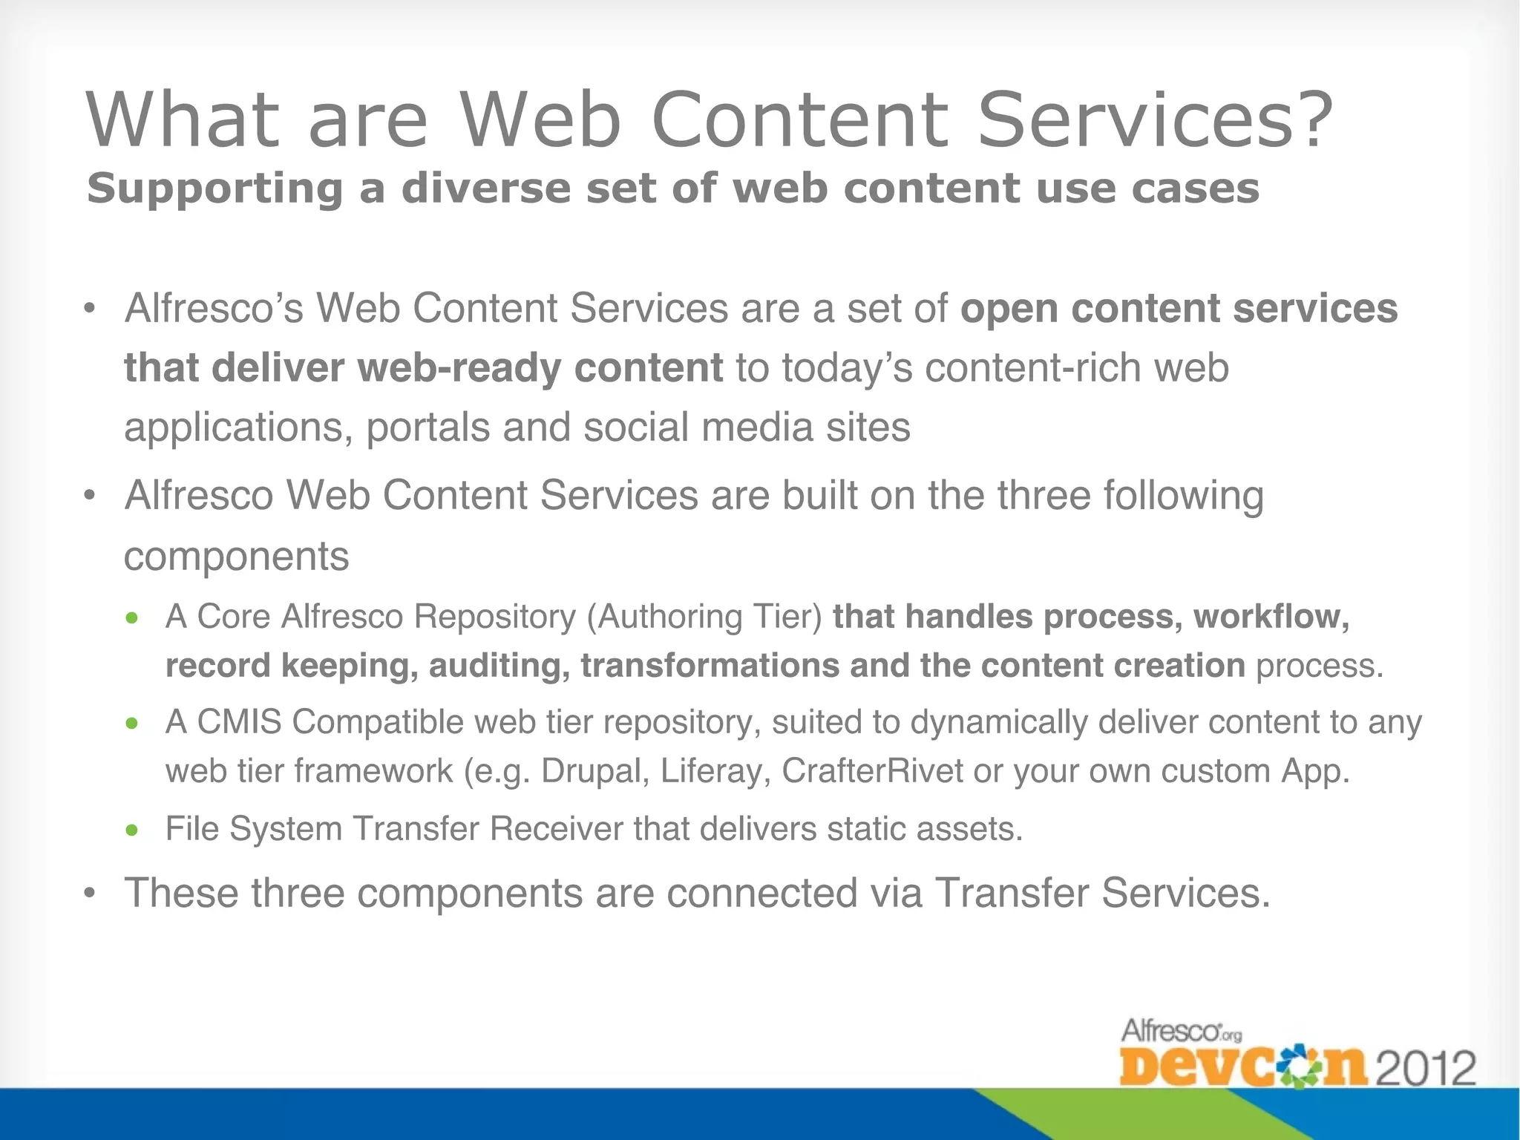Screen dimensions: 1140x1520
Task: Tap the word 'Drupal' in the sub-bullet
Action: [x=595, y=771]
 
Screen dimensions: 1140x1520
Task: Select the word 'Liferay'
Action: [x=710, y=771]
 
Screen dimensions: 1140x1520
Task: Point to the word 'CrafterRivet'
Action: [x=872, y=771]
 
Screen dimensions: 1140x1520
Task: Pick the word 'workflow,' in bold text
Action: [x=1271, y=617]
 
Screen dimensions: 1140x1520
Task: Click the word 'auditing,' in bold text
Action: [x=499, y=666]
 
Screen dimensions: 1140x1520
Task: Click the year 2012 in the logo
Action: [x=1426, y=1069]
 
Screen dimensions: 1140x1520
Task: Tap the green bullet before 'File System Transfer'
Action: [x=132, y=830]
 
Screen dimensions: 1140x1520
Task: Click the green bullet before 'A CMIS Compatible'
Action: [x=132, y=723]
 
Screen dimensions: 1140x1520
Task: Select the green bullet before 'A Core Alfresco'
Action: [x=132, y=617]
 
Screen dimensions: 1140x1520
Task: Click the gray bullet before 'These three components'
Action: [x=90, y=894]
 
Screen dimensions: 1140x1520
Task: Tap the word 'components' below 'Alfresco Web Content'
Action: [x=236, y=557]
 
